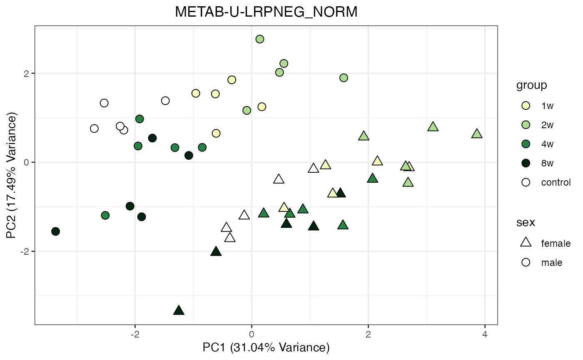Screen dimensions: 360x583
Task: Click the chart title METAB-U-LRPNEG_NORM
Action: (x=266, y=12)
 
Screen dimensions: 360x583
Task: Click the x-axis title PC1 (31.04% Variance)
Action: (x=266, y=348)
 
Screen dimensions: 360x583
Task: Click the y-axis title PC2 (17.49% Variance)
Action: (x=12, y=175)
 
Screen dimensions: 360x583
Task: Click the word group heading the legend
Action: (x=531, y=86)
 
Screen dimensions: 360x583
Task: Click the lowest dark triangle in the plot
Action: (x=179, y=310)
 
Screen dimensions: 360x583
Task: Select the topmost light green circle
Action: (x=260, y=39)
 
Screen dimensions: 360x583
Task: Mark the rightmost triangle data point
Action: (x=477, y=134)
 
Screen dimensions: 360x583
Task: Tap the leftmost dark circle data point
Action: (x=55, y=231)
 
